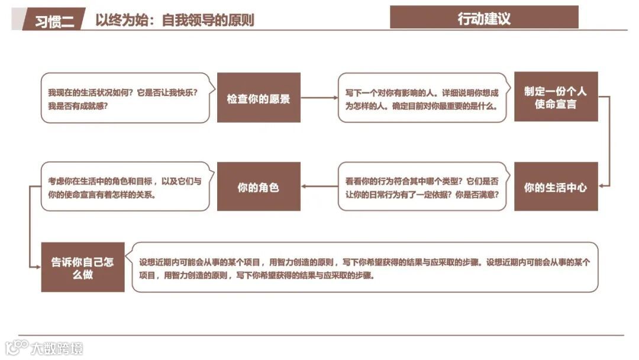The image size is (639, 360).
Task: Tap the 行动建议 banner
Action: (x=484, y=18)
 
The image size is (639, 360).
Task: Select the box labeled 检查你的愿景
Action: (x=259, y=98)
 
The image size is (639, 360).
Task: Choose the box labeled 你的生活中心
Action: (x=556, y=187)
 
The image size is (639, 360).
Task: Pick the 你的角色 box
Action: (x=259, y=187)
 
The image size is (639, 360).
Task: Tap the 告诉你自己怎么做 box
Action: (x=83, y=268)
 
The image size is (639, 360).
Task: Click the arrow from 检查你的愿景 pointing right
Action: (x=318, y=98)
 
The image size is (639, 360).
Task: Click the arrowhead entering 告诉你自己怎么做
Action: (x=37, y=268)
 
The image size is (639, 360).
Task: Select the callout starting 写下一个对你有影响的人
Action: (x=422, y=98)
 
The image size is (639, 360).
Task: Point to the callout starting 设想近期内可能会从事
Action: (x=364, y=268)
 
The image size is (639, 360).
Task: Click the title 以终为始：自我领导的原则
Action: (x=175, y=20)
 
